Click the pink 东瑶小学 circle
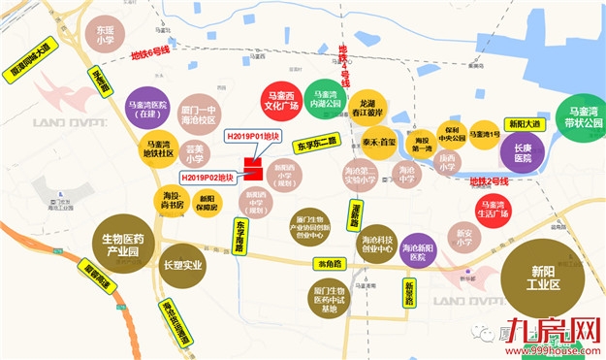point(105,35)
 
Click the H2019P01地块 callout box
point(253,138)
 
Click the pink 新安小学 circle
point(462,237)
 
